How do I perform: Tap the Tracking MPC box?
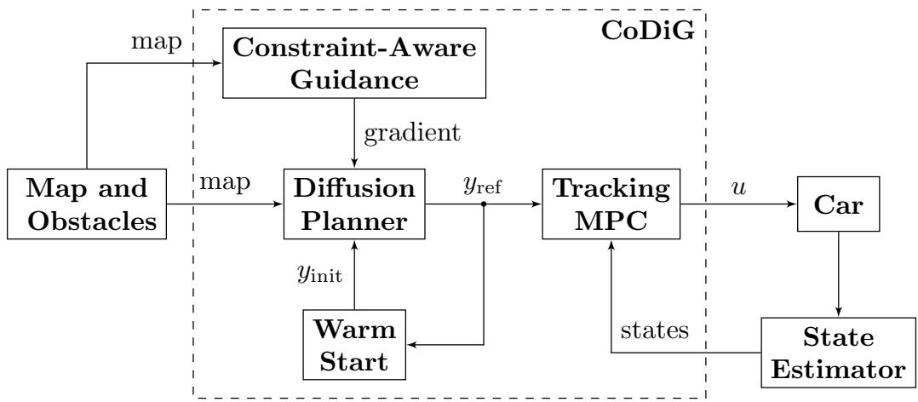(x=610, y=204)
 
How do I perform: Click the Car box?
(x=840, y=204)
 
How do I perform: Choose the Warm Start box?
(x=352, y=345)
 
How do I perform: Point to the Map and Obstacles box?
(x=84, y=204)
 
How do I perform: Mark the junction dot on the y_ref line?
(x=484, y=204)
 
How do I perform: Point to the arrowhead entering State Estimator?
(x=840, y=312)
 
